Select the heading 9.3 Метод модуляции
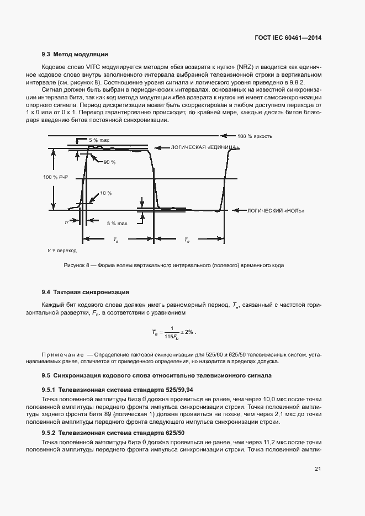(75, 55)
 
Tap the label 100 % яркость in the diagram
(255, 136)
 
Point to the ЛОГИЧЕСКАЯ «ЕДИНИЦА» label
(205, 148)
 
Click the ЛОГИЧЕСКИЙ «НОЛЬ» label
(275, 211)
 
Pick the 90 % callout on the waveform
(110, 162)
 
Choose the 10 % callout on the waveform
(105, 194)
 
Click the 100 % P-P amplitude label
(55, 177)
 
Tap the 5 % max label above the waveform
(99, 141)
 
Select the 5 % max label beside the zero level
(117, 224)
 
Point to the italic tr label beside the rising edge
(67, 222)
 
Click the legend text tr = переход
(62, 251)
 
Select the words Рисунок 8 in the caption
(77, 265)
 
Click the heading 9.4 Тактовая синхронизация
(86, 292)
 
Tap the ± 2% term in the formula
(188, 332)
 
